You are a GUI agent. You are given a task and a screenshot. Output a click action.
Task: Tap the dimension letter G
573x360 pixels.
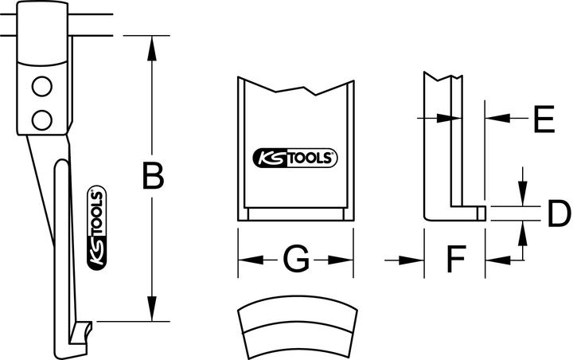295,259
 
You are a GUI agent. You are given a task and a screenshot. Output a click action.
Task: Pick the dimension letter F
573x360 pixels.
454,259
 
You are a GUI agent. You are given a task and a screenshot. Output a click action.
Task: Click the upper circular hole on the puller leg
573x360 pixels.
41,86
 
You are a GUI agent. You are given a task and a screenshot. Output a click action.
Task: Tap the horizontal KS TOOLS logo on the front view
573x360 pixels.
295,157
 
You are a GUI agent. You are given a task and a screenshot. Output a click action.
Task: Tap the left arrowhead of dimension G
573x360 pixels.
245,259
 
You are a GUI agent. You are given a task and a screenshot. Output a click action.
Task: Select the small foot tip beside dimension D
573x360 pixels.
481,213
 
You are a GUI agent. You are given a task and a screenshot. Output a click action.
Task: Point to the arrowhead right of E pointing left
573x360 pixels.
494,118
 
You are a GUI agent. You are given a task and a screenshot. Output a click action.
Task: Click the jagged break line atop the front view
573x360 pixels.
295,89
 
